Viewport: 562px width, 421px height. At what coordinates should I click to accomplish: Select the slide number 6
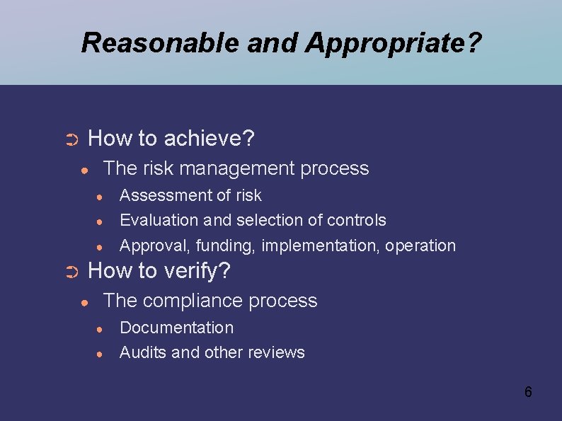coord(528,391)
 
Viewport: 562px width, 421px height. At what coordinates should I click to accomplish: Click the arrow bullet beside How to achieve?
coord(71,140)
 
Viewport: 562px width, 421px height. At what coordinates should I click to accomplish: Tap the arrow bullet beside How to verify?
coord(71,272)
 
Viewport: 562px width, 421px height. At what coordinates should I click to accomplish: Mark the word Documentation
coord(176,328)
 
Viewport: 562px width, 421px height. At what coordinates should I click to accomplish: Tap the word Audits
coord(143,352)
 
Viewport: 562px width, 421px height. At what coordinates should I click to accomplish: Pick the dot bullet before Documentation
coord(101,329)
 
